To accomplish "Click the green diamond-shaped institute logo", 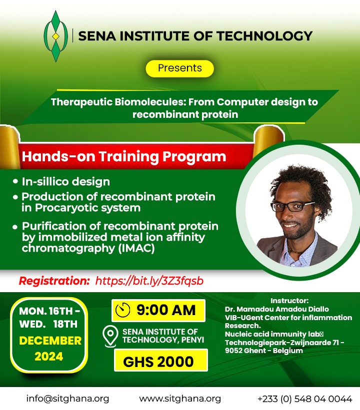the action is point(55,36).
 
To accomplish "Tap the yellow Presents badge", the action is point(179,68).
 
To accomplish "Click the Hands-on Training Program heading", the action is point(124,156).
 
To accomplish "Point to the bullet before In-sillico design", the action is point(15,181).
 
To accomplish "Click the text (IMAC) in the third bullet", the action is point(136,248).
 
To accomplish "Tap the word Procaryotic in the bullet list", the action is point(66,208).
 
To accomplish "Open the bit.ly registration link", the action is point(149,281).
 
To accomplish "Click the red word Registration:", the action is point(54,281).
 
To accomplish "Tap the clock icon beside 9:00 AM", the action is point(123,310).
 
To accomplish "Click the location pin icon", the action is point(110,336).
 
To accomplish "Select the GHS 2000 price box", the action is point(161,361).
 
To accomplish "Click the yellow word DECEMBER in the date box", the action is point(50,341).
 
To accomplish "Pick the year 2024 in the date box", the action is point(49,357).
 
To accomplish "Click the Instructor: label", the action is point(289,301).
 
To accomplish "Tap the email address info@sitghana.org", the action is point(67,399).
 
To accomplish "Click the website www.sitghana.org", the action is point(180,399).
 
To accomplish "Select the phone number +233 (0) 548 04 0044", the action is point(305,399).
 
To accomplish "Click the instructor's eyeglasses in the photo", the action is point(292,206).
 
